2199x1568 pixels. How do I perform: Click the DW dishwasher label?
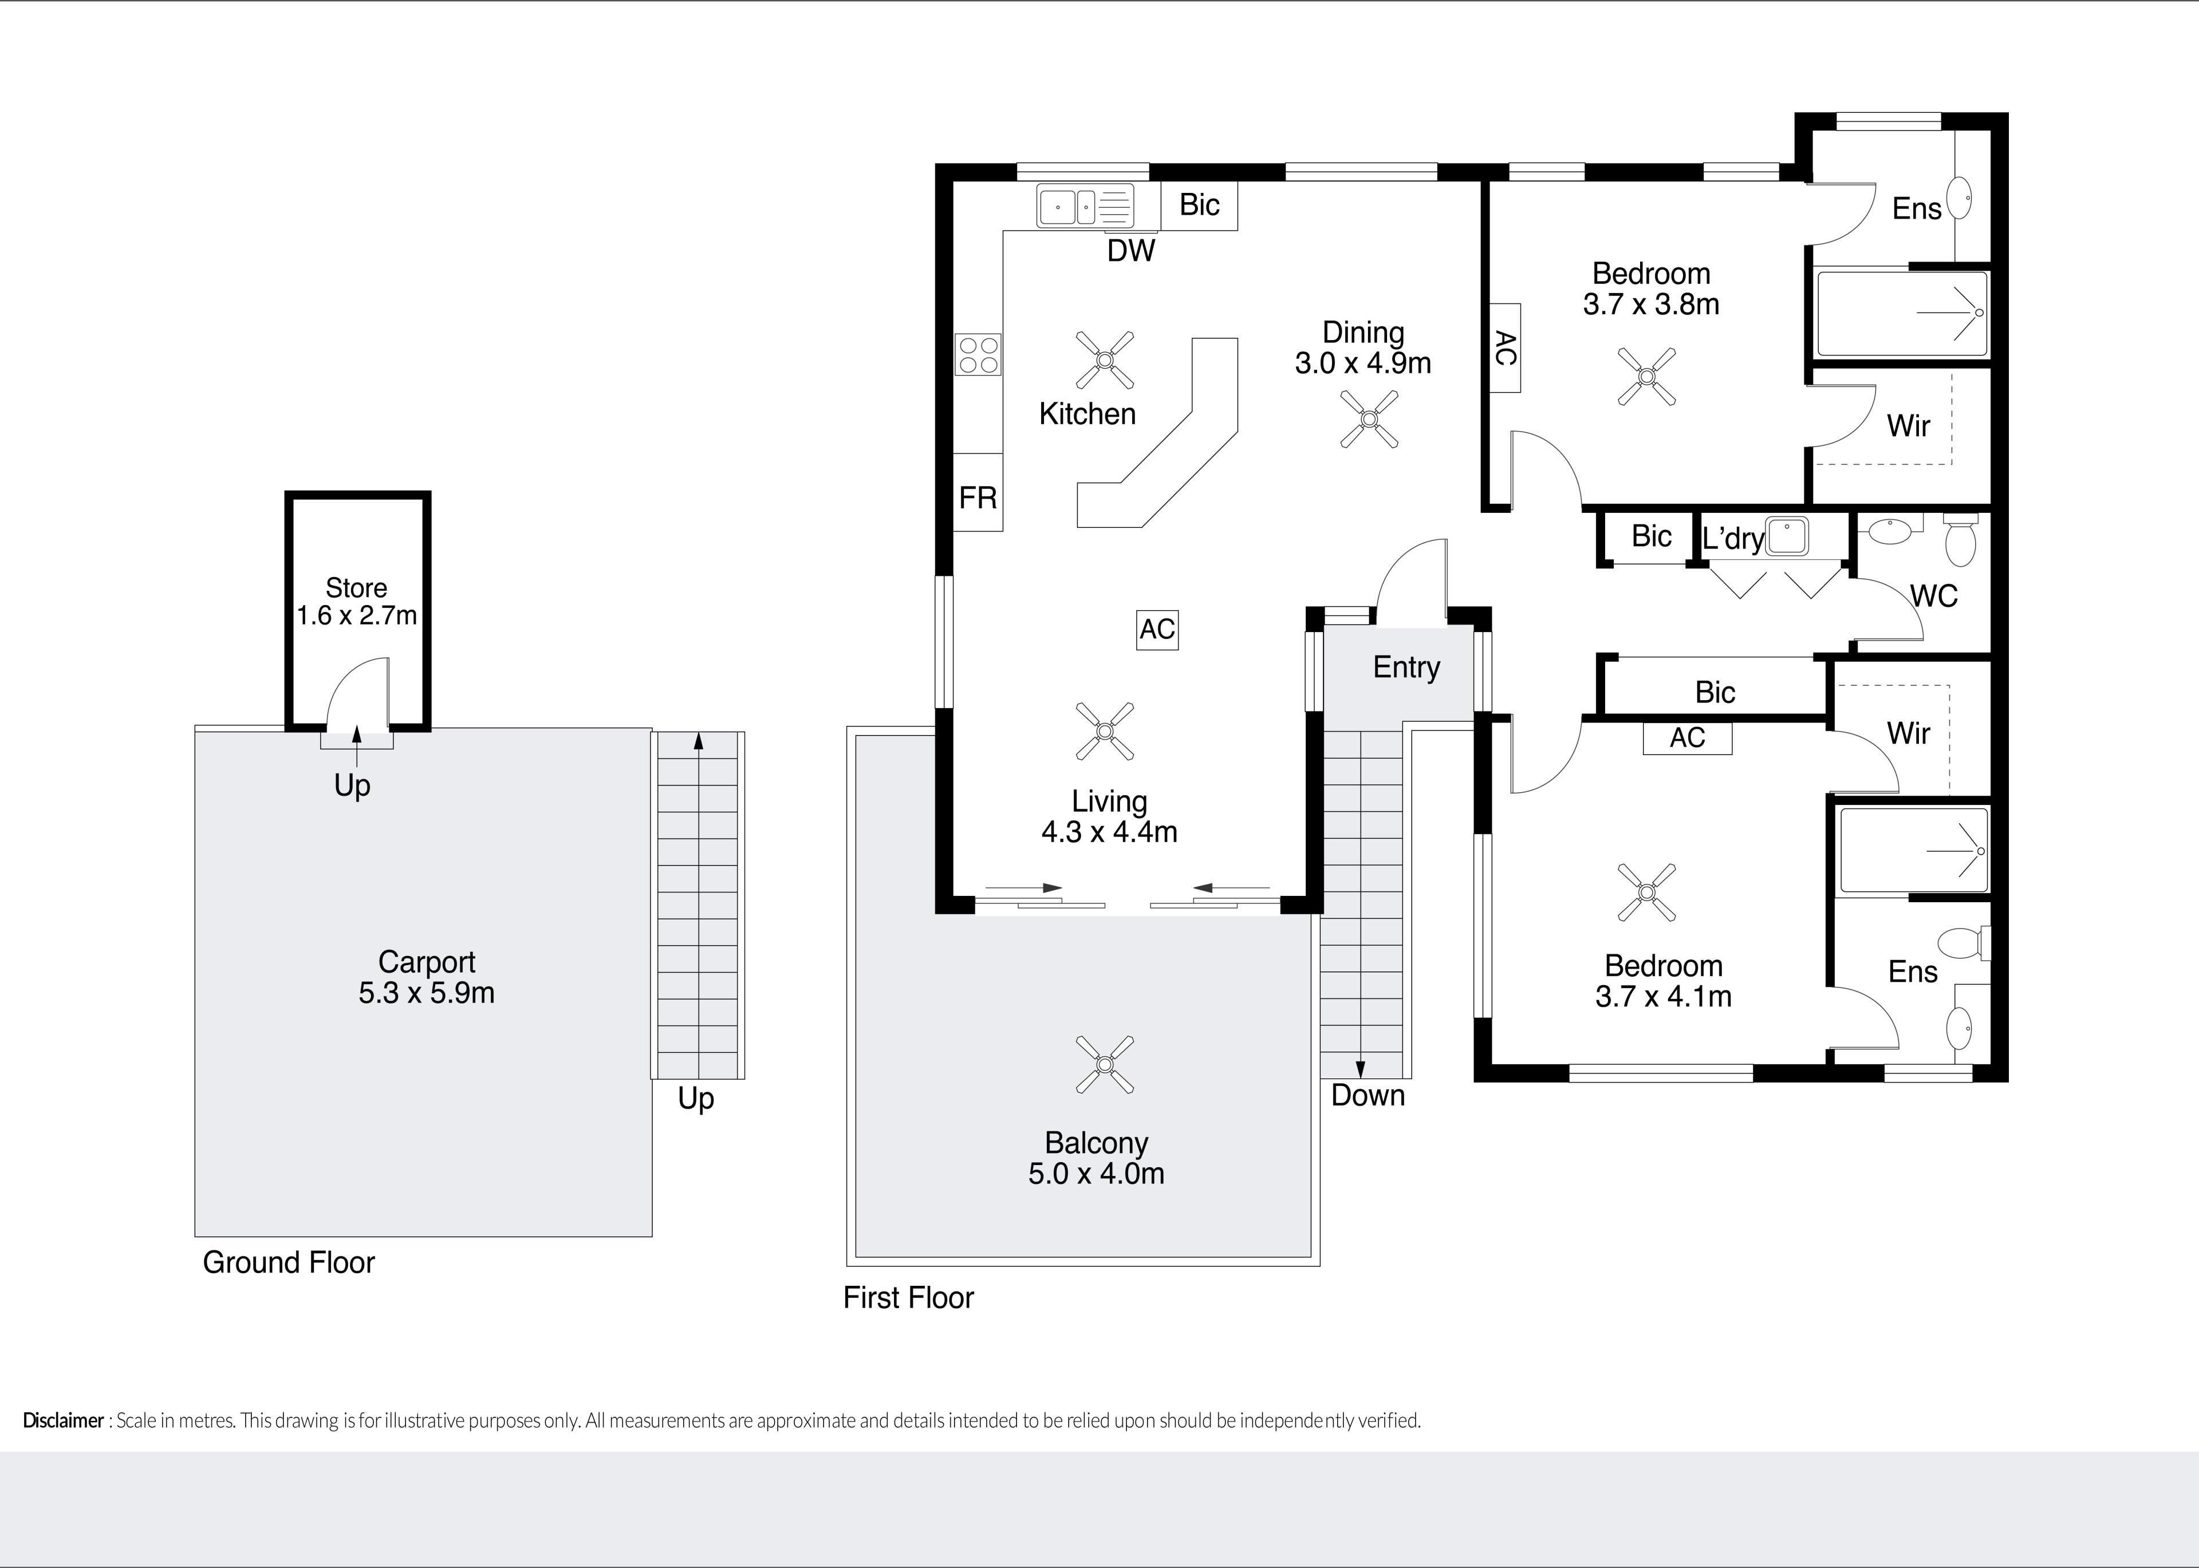coord(1131,251)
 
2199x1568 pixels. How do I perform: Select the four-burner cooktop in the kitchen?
coord(978,353)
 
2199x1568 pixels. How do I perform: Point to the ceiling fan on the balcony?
coord(1104,1064)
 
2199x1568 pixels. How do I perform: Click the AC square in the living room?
coord(1157,630)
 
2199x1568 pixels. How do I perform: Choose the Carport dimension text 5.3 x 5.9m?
coord(427,993)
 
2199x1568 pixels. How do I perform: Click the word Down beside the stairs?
coord(1368,1095)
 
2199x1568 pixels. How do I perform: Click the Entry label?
coord(1406,667)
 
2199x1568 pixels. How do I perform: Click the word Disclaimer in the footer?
coord(63,1420)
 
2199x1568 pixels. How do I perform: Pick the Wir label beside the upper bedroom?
coord(1908,426)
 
